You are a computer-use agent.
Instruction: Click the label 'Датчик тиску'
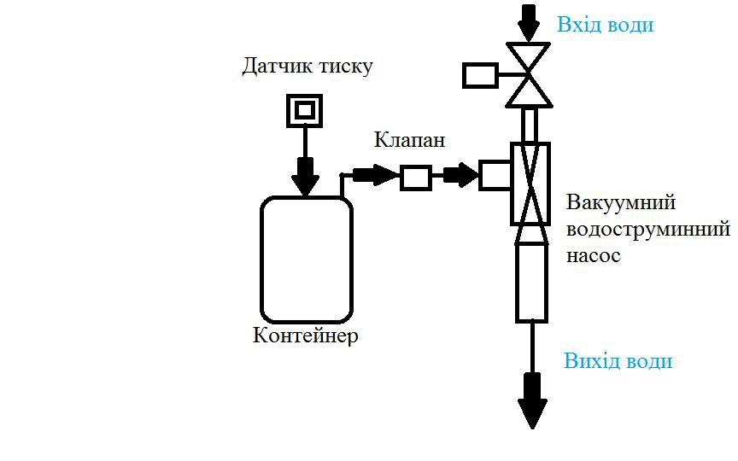click(x=307, y=67)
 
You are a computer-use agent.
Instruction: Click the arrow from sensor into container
click(x=304, y=175)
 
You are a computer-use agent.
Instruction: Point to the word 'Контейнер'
click(x=306, y=336)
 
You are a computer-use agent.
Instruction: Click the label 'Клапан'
click(x=408, y=140)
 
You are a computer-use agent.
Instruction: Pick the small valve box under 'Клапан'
click(x=415, y=177)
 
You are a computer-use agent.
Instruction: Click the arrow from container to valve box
click(x=374, y=176)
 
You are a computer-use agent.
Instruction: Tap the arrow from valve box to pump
click(x=461, y=176)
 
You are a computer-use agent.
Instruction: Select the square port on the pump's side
click(x=494, y=175)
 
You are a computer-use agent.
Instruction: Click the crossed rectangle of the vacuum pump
click(x=530, y=183)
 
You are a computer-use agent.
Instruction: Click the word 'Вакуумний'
click(x=621, y=203)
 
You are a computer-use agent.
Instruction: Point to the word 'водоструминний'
click(x=648, y=229)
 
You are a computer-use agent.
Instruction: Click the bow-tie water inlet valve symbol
click(x=530, y=75)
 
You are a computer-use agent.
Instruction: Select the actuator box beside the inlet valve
click(x=480, y=75)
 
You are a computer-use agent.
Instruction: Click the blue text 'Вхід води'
click(x=605, y=25)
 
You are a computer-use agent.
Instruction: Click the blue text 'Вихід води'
click(x=618, y=360)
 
